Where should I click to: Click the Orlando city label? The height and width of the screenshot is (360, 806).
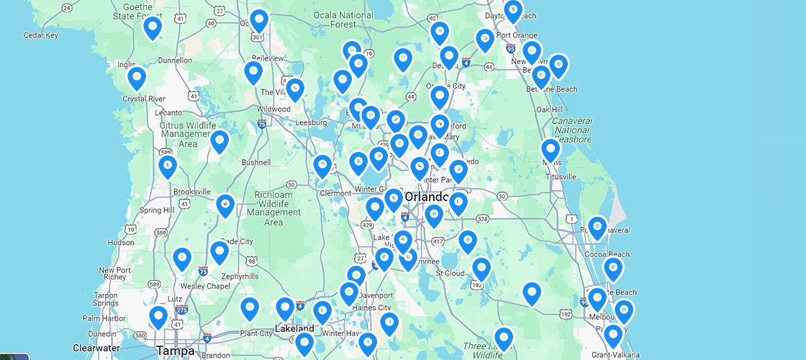(x=426, y=197)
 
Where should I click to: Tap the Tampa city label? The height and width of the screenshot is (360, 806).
(x=175, y=351)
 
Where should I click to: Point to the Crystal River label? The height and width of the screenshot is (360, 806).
(x=145, y=99)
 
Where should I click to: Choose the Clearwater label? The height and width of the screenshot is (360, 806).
(x=96, y=348)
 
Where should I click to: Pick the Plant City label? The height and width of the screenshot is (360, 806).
(x=255, y=333)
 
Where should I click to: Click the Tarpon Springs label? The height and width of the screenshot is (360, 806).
(x=105, y=299)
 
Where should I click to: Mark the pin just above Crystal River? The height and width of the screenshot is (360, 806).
(x=137, y=77)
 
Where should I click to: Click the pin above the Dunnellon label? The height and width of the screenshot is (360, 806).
(x=152, y=27)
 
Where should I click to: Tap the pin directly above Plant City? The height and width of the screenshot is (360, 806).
(x=249, y=308)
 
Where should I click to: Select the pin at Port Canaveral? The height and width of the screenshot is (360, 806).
(x=597, y=228)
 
